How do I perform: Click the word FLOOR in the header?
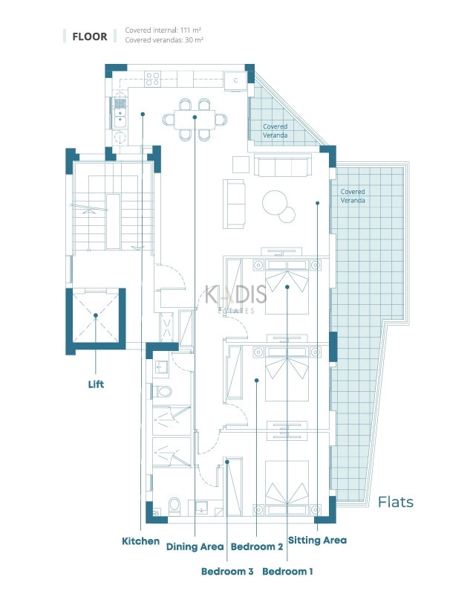coord(90,36)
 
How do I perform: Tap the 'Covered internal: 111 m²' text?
coord(163,30)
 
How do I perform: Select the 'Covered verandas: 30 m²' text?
coord(164,40)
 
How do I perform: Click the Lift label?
coord(96,384)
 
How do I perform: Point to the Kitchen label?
coord(140,541)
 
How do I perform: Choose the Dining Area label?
coord(195,546)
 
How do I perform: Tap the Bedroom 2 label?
coord(257,546)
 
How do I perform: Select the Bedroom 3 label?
coord(227,571)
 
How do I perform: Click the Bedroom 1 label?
coord(287,571)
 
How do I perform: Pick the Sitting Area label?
coord(318,540)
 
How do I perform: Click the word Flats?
coord(396,502)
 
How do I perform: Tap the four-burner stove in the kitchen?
coord(152,79)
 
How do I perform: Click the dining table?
coord(195,120)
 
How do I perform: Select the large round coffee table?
coord(275,203)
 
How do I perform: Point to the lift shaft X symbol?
coord(96,316)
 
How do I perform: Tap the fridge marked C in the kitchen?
coord(235,81)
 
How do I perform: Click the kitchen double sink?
coord(120,113)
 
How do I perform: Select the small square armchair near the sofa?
coord(241,164)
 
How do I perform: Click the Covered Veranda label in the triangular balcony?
coord(275,131)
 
